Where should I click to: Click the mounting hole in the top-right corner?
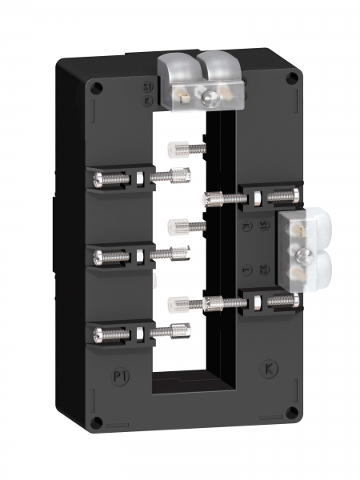tap(293, 78)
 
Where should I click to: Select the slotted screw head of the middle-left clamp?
tap(99, 256)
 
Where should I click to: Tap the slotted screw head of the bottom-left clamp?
tap(99, 332)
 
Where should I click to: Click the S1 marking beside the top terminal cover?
tap(148, 87)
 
